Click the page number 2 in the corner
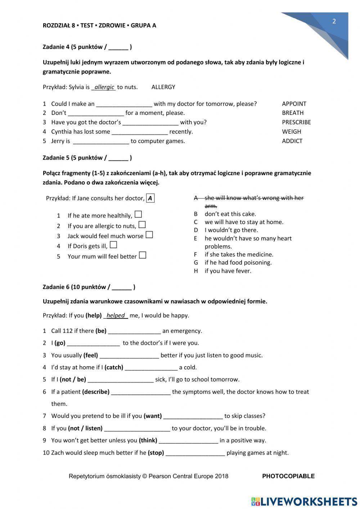pos(334,21)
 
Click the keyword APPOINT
pos(294,104)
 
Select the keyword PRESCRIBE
pos(296,122)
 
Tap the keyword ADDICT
pos(292,141)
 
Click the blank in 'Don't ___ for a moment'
pos(96,113)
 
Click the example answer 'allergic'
pos(104,87)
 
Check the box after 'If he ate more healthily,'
pos(138,215)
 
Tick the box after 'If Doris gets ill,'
pos(113,245)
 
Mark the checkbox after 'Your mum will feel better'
pos(143,255)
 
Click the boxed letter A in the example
pos(150,198)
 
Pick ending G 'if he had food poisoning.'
pos(238,263)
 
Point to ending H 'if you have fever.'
pos(228,271)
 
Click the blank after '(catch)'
pos(151,367)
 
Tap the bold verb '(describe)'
pos(96,392)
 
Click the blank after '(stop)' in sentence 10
pos(195,453)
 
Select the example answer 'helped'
pos(116,316)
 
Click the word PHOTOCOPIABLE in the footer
pos(288,476)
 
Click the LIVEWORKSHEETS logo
pos(304,501)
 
